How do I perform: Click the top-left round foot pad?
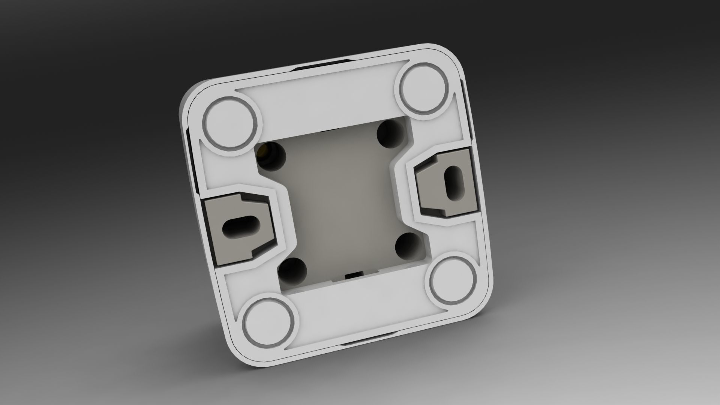click(230, 125)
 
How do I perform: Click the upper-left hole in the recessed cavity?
click(271, 155)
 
